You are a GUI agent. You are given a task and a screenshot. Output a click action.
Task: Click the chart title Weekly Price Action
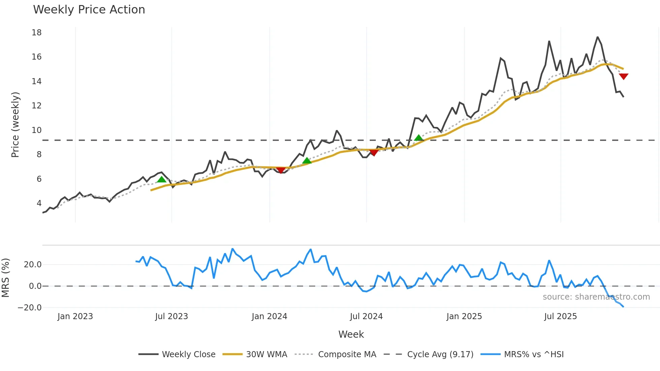89,10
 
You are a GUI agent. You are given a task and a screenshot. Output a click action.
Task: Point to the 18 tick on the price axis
37,33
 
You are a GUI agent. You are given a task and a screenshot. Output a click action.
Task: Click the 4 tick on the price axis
39,203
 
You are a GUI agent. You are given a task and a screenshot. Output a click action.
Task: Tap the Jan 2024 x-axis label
269,316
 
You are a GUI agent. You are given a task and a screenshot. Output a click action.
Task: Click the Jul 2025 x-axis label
560,316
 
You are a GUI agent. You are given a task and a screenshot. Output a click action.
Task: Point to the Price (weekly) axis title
15,125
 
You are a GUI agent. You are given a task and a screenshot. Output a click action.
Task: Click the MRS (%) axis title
5,278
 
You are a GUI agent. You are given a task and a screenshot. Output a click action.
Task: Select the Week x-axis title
351,334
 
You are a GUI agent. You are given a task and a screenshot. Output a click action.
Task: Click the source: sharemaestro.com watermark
596,297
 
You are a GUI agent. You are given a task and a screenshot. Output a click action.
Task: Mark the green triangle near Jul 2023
162,179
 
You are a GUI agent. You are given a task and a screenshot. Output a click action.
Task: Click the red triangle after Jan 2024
281,170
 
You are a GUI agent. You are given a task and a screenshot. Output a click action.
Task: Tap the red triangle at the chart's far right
624,76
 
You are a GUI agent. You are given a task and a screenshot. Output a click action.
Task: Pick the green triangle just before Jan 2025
419,138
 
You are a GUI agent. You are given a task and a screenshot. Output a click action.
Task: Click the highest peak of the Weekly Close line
598,37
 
